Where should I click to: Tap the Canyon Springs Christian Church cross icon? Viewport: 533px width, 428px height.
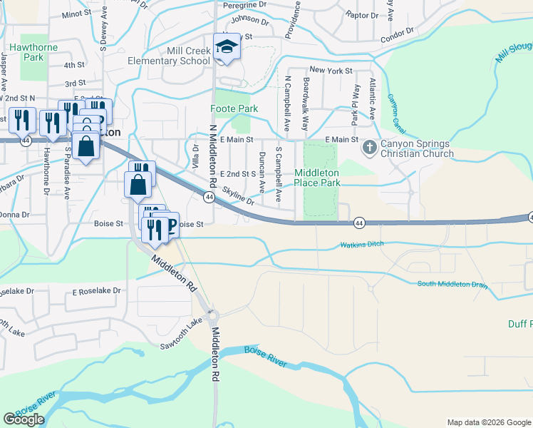(x=369, y=148)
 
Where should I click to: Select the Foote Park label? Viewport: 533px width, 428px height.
(x=234, y=108)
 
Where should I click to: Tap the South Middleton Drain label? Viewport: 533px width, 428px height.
(x=452, y=285)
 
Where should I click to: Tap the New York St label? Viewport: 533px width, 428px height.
(x=331, y=71)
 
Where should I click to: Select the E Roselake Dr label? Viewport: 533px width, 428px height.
(x=97, y=291)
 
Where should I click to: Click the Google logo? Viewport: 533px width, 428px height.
(x=24, y=419)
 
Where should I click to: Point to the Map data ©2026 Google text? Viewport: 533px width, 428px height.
(x=488, y=422)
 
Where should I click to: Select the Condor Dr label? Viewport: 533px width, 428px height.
(x=397, y=35)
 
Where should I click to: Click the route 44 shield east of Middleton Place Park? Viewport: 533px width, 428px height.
(x=358, y=223)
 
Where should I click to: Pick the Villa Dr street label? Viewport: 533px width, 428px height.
(x=195, y=156)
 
